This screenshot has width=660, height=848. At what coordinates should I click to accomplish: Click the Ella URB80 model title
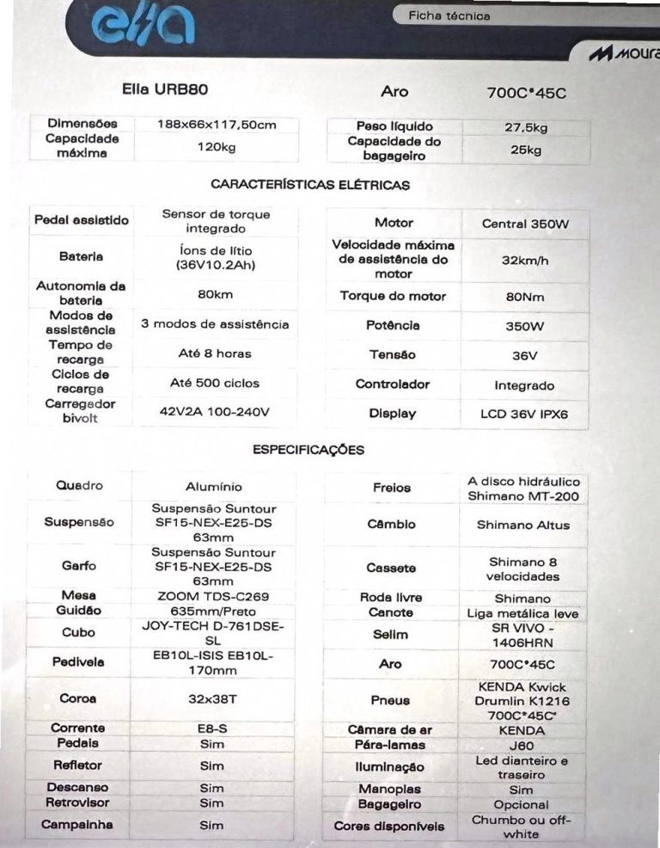coord(165,89)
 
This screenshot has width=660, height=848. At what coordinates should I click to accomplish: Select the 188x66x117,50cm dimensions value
coord(217,125)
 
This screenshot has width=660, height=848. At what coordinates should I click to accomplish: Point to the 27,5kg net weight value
coord(526,127)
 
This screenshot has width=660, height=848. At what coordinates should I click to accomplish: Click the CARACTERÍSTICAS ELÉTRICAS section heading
coord(310,184)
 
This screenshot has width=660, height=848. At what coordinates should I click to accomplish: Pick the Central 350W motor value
coord(525,224)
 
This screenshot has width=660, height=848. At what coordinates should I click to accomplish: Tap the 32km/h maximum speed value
coord(525,259)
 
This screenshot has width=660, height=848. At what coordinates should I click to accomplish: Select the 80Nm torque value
coord(525,297)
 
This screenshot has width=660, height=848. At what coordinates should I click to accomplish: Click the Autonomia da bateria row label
coord(81,293)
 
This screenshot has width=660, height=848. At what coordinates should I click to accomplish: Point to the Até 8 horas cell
coord(214,353)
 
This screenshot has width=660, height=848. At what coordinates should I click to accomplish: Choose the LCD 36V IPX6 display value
coord(524,414)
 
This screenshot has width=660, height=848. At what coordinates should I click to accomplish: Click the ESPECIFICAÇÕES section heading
coord(309,450)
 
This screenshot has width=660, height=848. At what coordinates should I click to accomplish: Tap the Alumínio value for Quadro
coord(214,487)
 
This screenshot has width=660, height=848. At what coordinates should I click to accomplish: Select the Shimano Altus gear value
coord(523,525)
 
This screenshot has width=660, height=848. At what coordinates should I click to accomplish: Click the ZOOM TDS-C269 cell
coord(214,595)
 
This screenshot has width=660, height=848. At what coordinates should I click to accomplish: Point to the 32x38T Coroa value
coord(212,699)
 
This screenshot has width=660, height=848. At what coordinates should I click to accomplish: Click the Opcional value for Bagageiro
coord(521,805)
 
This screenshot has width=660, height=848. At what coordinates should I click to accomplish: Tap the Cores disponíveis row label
coord(389,826)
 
